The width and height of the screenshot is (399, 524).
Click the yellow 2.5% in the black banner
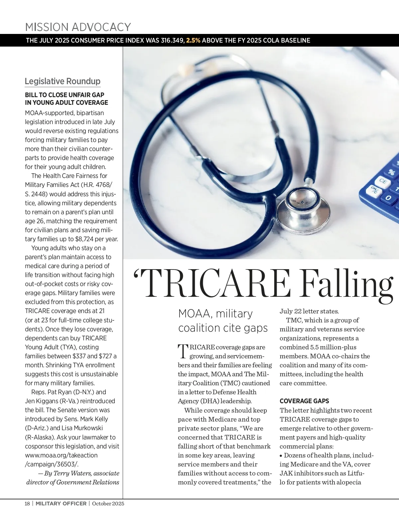tap(193, 41)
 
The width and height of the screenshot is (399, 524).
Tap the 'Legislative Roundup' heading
tap(63, 81)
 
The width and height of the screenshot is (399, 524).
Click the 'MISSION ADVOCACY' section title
tap(78, 27)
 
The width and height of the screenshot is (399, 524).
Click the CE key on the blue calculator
tap(383, 182)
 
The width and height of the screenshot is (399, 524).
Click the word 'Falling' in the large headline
tap(347, 284)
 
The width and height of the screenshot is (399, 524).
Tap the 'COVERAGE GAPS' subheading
tap(304, 401)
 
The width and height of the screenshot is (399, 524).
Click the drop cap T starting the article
tap(183, 351)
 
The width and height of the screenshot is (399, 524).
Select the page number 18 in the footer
tap(27, 503)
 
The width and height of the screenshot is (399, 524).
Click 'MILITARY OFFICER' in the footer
tap(61, 503)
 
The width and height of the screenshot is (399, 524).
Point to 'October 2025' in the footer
tap(108, 503)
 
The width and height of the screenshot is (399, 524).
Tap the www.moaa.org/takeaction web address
tap(61, 455)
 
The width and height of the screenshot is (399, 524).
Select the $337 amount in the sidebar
tap(79, 356)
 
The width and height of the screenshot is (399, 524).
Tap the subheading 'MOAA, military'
tap(215, 313)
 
